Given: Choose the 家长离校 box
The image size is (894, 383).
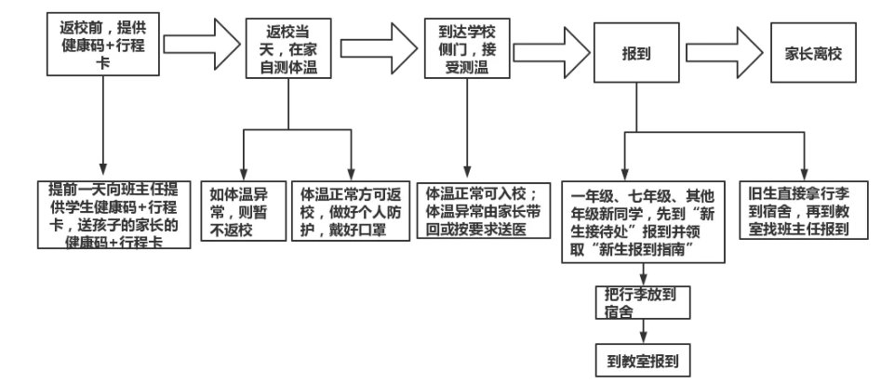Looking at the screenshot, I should tap(814, 53).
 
